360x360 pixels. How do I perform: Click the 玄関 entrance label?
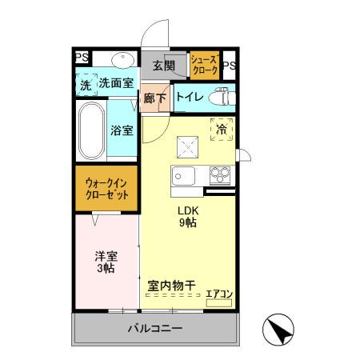[x=163, y=66]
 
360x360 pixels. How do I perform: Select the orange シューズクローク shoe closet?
[x=204, y=64]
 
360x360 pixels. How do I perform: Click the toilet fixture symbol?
[x=219, y=98]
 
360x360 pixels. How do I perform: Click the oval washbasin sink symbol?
[x=122, y=59]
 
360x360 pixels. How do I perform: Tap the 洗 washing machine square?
[x=85, y=83]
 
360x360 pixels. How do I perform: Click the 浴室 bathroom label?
[x=122, y=130]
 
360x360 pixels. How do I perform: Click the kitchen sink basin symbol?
[x=182, y=177]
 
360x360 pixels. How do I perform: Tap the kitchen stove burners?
[x=219, y=176]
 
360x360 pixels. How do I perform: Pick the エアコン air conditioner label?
[x=218, y=294]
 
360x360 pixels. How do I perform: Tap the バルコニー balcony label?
[x=156, y=329]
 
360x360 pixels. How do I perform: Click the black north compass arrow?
[x=278, y=329]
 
